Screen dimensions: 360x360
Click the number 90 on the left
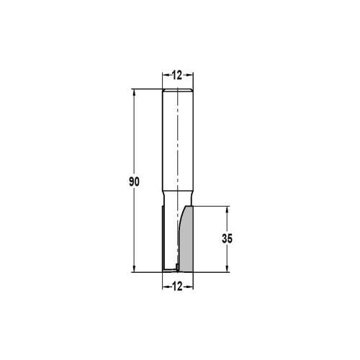(x=124, y=181)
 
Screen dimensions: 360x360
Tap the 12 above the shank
(x=176, y=75)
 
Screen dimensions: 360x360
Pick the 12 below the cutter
(x=176, y=287)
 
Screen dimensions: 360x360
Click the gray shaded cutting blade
(x=186, y=241)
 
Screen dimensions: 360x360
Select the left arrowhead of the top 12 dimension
(x=163, y=75)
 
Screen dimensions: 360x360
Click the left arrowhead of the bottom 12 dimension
(x=163, y=287)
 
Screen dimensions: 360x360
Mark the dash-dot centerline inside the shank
(x=176, y=144)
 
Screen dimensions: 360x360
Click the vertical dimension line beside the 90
(x=135, y=144)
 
